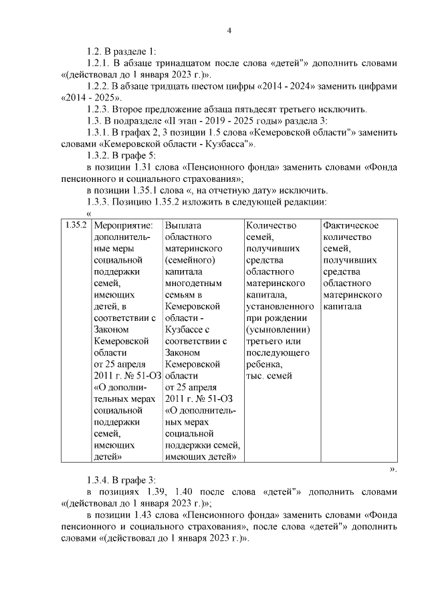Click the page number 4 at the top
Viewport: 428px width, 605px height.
229,30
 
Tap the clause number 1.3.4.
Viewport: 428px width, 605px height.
99,480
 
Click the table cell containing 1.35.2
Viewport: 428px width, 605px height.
76,225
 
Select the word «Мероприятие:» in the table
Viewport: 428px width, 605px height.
124,225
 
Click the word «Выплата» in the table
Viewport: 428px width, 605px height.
183,225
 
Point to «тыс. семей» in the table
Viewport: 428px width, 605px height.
269,376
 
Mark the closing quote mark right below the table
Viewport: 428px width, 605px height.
394,469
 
